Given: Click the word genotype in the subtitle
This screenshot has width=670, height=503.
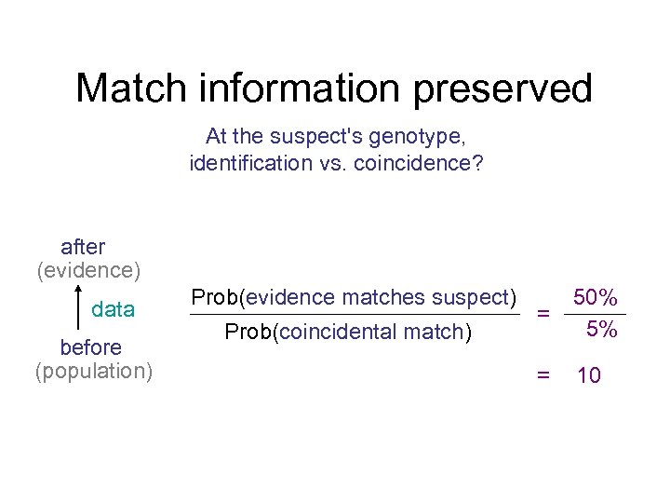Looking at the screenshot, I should [x=416, y=137].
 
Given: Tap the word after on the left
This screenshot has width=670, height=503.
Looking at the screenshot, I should [x=83, y=247].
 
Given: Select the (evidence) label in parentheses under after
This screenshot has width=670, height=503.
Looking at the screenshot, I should [x=88, y=270].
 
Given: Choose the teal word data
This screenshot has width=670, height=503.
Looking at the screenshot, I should [x=114, y=309].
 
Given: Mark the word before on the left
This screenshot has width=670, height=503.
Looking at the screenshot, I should [x=90, y=347].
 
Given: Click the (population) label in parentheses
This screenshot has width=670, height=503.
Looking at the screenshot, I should [x=94, y=371].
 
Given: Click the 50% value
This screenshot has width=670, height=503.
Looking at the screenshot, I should [x=596, y=297].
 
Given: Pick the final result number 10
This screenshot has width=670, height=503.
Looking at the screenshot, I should [x=589, y=375].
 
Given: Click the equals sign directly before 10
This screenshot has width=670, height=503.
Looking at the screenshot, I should [x=543, y=375].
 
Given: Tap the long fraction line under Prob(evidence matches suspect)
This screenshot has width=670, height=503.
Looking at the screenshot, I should [x=355, y=315].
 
